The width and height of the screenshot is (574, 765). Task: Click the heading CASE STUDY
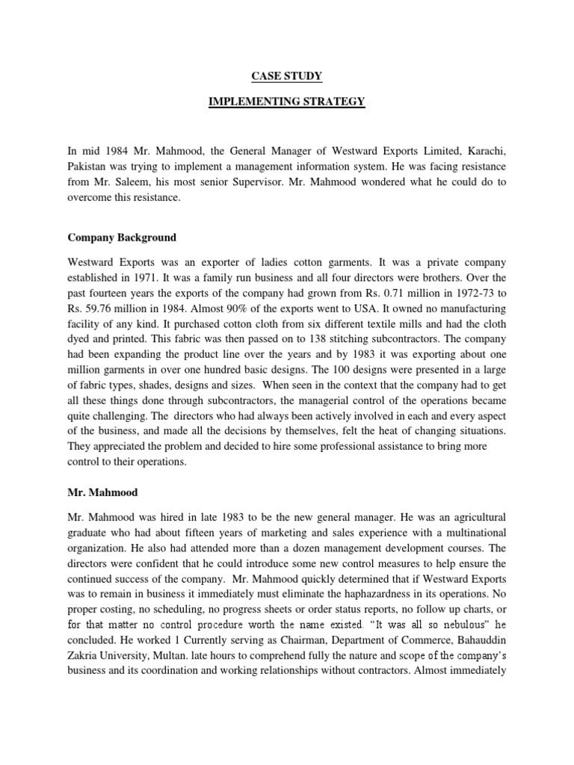pos(286,75)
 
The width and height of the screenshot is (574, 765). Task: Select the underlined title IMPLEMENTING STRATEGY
pos(286,102)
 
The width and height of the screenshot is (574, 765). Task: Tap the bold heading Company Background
pos(122,238)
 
